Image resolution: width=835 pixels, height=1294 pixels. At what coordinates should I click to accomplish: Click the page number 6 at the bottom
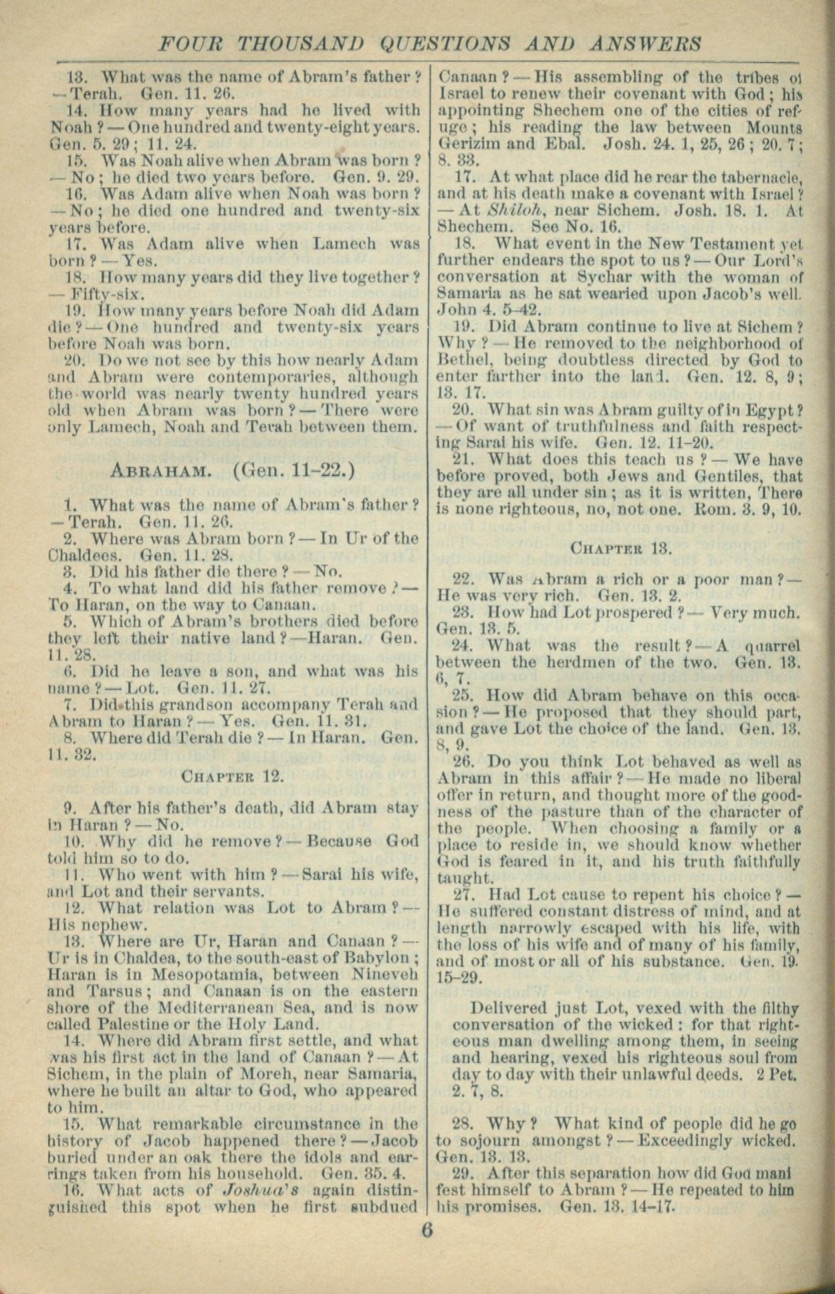click(427, 1230)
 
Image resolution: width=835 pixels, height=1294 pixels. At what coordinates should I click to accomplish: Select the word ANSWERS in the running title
click(646, 44)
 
